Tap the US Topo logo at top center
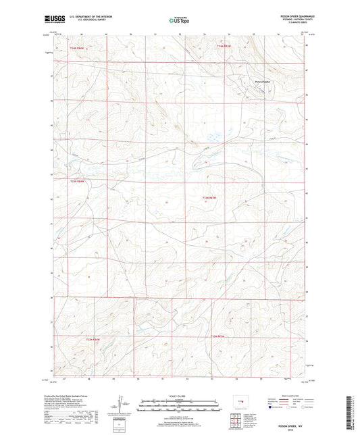pos(178,20)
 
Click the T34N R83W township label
pos(224,46)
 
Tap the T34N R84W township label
pos(79,48)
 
